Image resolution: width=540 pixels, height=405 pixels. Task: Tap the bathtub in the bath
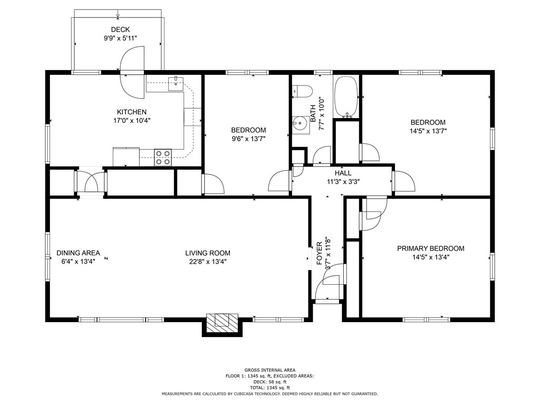point(346,97)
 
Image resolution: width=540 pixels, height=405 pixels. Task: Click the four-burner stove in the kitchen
point(163,157)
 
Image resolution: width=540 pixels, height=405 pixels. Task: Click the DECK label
point(120,30)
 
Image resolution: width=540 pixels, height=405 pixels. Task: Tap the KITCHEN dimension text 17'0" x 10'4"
point(132,121)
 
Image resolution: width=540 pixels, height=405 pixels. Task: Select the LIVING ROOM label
point(208,253)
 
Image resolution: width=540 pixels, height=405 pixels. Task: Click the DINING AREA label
point(78,253)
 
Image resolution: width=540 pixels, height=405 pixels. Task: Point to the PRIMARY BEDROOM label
point(431,248)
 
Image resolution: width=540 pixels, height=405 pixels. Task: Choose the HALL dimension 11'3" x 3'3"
point(343,181)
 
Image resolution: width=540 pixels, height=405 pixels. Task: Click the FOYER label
point(319,254)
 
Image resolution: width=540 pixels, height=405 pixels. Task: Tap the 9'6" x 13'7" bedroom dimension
point(248,139)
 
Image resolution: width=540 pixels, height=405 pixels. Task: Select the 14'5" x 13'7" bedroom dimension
point(428,131)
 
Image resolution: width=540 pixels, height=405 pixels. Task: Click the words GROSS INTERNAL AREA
point(270,370)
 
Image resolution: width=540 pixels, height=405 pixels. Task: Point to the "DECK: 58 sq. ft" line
point(270,382)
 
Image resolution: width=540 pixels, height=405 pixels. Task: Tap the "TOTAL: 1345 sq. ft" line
point(270,388)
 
